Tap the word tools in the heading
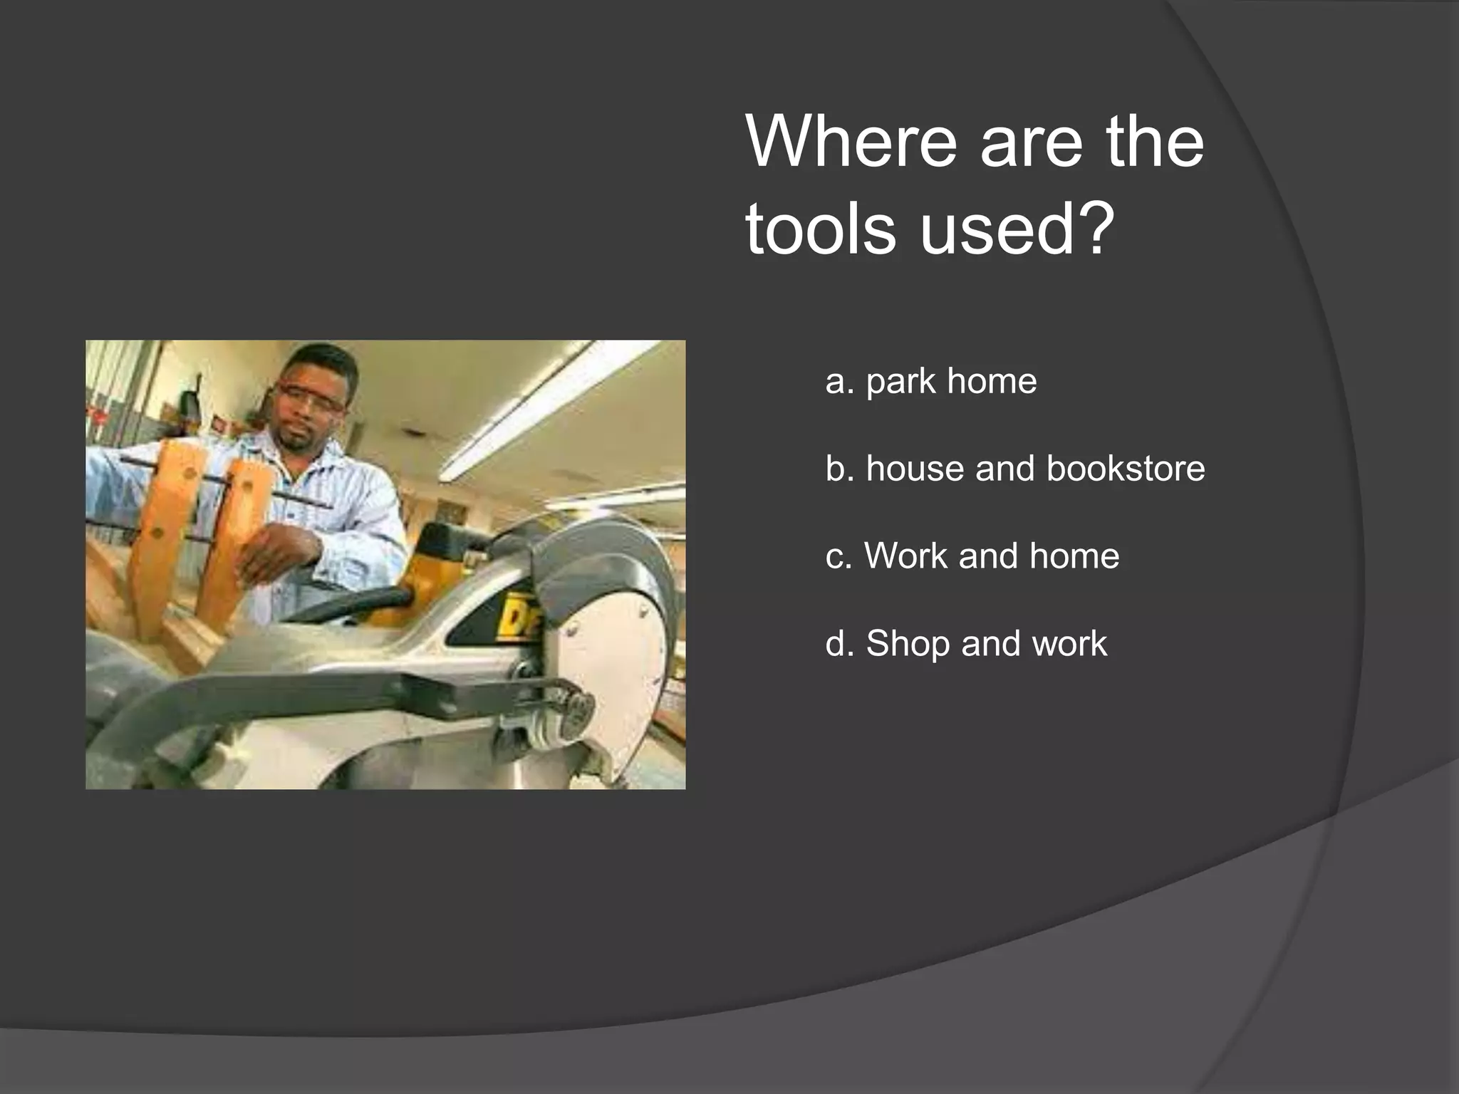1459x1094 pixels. pos(820,229)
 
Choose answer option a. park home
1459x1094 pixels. pos(930,381)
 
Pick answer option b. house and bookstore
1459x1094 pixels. pos(1014,469)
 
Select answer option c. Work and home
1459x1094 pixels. pos(972,556)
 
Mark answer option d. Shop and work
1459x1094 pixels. pos(966,644)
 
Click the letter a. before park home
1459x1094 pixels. pos(838,381)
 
